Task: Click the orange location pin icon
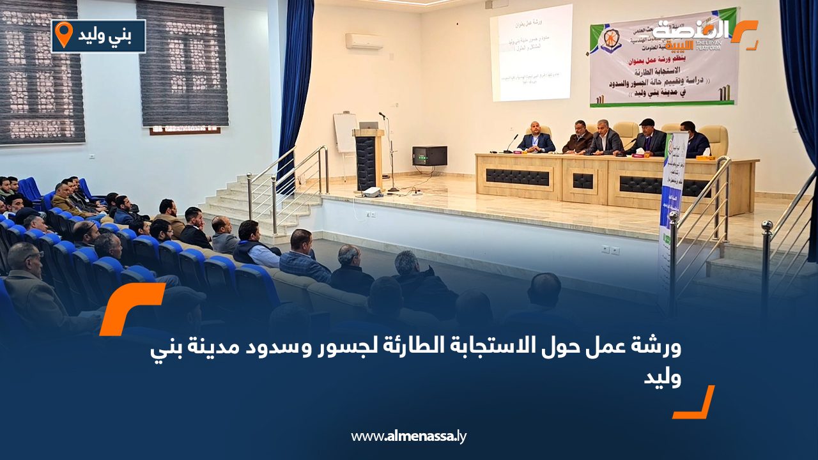(64, 34)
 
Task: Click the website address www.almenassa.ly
(408, 436)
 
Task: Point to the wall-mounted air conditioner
(364, 41)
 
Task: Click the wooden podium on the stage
(367, 160)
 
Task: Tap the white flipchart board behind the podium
(344, 132)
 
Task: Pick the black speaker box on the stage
(429, 156)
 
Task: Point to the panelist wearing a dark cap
(648, 138)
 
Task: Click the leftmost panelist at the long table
(536, 139)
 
